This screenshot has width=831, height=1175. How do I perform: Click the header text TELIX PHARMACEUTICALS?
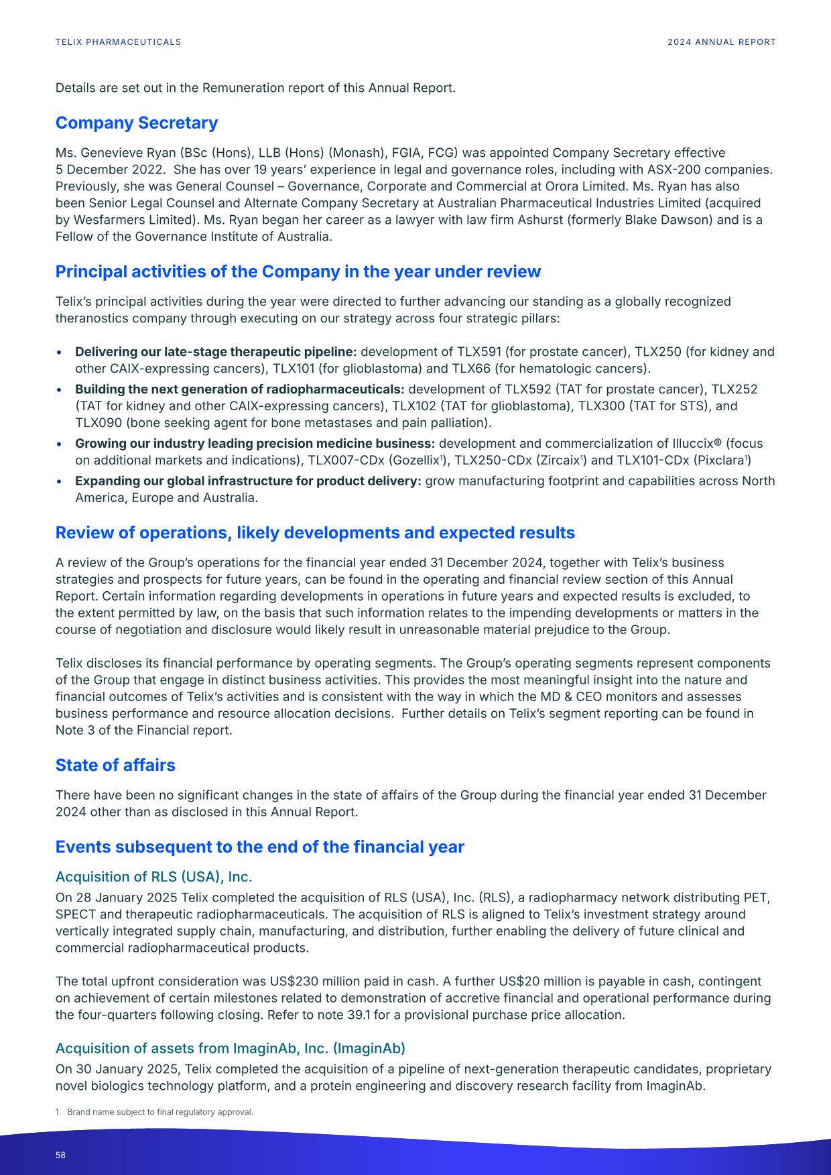click(118, 42)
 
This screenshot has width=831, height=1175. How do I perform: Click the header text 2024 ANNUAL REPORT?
click(721, 42)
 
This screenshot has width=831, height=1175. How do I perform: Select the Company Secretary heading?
click(136, 123)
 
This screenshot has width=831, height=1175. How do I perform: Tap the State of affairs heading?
click(115, 765)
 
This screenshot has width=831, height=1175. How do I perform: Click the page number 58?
click(60, 1156)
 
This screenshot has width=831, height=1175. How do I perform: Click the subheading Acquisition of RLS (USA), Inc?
click(153, 877)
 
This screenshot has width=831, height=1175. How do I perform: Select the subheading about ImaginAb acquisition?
click(230, 1048)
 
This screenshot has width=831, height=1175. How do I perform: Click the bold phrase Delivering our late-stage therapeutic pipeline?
click(215, 352)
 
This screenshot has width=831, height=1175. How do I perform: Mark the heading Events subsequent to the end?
click(259, 847)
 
